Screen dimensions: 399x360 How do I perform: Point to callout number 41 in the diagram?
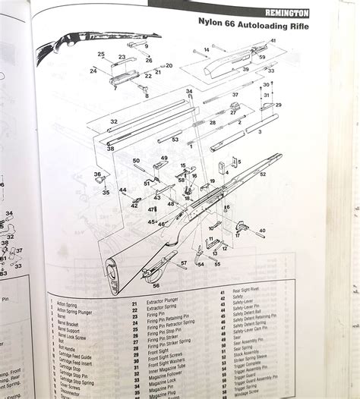[273, 40]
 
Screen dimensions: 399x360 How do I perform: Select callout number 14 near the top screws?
[195, 51]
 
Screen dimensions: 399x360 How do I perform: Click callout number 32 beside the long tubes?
[113, 121]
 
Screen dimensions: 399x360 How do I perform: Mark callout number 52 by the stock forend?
[263, 174]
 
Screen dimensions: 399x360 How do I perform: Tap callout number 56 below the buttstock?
[156, 286]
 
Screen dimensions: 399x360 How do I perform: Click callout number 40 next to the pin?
[262, 230]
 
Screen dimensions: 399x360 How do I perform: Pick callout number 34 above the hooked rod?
[188, 92]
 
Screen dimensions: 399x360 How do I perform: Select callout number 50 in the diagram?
[136, 161]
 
